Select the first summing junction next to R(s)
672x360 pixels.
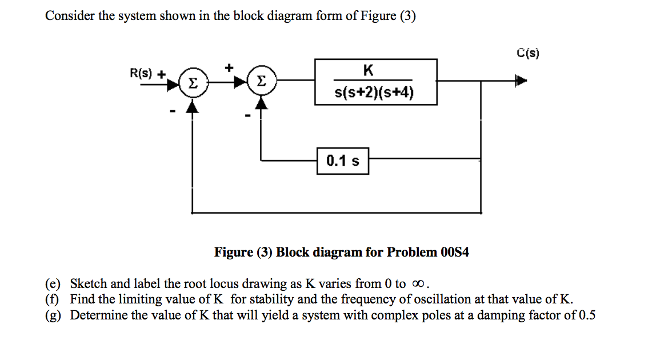point(193,83)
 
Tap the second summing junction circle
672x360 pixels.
point(261,83)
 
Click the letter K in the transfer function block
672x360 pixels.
point(368,70)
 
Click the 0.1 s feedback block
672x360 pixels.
point(343,161)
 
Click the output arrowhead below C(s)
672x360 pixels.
point(520,81)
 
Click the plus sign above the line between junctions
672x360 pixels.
point(229,68)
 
